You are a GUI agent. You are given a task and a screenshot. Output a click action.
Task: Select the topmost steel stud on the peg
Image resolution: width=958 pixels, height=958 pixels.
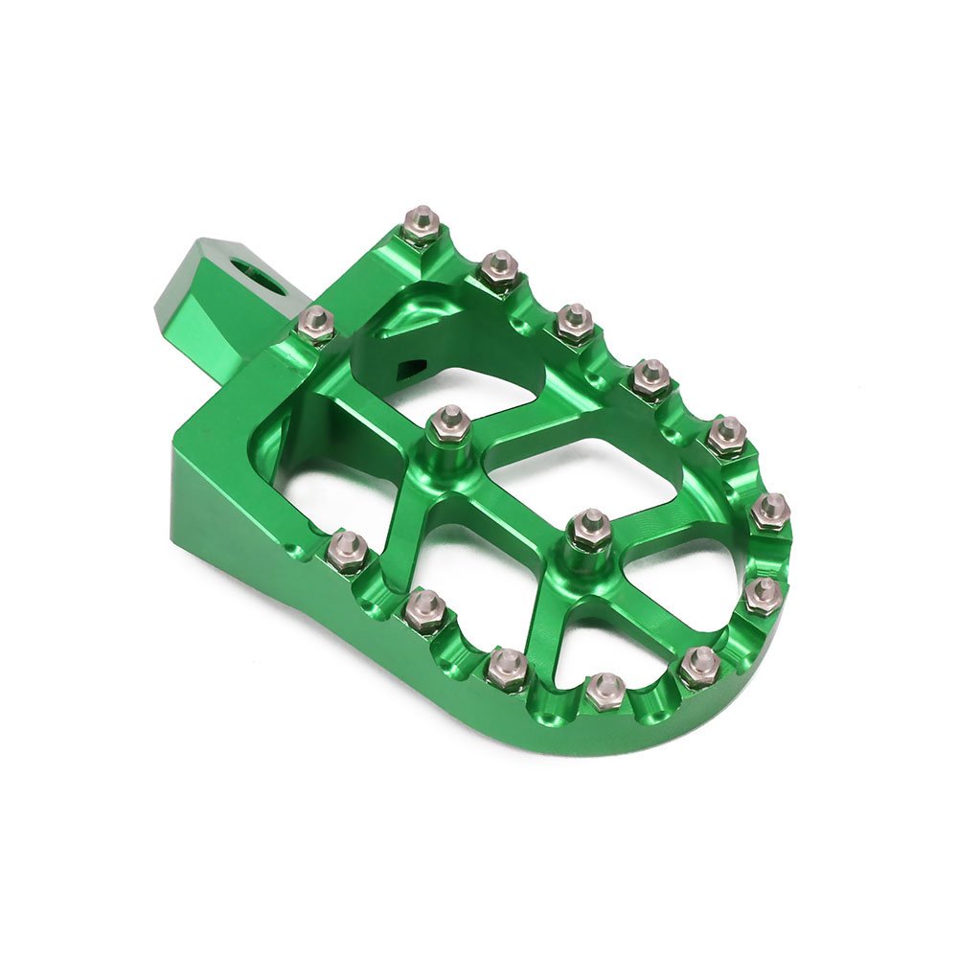pos(422,225)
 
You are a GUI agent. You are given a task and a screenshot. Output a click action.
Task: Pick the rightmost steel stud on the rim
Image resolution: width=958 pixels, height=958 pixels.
pos(770,512)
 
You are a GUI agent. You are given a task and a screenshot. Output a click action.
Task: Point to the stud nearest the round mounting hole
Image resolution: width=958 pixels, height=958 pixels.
pos(315,325)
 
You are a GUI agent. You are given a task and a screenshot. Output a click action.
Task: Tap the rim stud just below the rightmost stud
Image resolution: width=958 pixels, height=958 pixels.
pos(763,594)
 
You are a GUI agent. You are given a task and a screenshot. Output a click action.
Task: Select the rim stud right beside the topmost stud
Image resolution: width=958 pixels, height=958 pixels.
pos(499,270)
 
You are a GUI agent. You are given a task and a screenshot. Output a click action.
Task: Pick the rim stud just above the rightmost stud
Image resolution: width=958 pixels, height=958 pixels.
pos(727,436)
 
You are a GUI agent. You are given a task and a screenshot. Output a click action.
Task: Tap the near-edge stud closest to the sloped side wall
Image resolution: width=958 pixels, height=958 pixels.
pos(348,551)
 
